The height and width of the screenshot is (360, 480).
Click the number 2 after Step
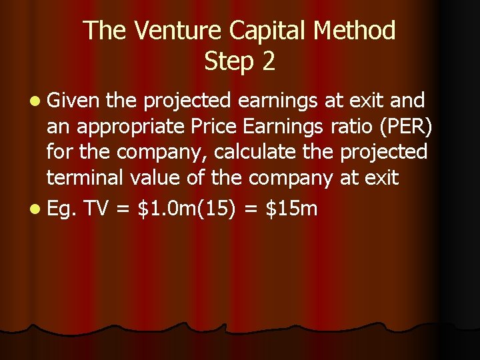(x=268, y=61)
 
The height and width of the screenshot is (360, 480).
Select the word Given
(x=73, y=101)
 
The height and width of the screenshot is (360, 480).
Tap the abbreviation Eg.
(x=62, y=209)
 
